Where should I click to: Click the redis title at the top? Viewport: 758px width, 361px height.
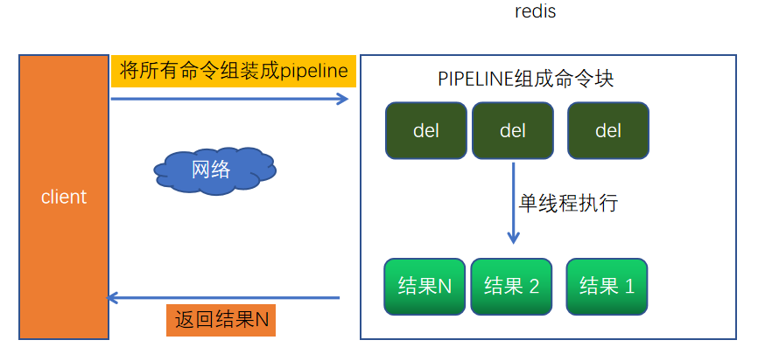point(536,12)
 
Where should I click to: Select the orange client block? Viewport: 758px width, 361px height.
point(64,197)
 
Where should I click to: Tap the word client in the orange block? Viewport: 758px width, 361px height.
point(64,197)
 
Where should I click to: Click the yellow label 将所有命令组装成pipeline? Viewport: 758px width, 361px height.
point(234,71)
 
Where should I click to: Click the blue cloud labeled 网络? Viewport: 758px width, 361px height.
point(213,169)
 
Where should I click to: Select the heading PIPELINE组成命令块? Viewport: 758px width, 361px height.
point(525,78)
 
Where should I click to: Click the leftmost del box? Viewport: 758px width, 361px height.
point(425,131)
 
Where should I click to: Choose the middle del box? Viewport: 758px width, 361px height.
point(512,131)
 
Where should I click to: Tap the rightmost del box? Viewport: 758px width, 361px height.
point(607,131)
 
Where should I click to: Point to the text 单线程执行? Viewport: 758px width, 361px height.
point(568,204)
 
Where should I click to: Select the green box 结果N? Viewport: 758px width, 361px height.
point(425,286)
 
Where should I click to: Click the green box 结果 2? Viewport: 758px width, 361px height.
point(512,286)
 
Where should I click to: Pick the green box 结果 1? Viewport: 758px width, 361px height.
point(607,286)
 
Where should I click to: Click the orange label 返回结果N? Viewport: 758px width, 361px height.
point(221,320)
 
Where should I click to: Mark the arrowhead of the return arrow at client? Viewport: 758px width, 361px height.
point(111,298)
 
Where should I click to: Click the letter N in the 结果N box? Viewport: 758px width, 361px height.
point(444,286)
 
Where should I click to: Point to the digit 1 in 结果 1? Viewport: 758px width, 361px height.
point(628,286)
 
